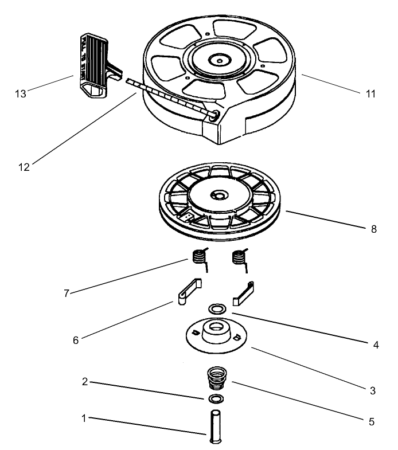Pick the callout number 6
coord(75,339)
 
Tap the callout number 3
coord(372,391)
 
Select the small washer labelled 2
coord(215,398)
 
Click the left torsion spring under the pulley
coord(198,257)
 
